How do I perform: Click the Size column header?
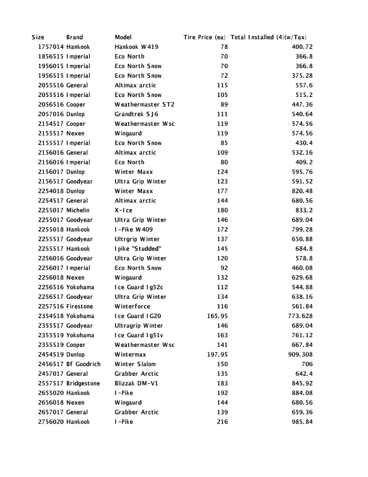pyautogui.click(x=38, y=37)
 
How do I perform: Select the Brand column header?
pyautogui.click(x=75, y=37)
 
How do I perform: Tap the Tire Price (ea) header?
pyautogui.click(x=204, y=37)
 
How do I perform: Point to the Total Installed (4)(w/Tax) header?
pyautogui.click(x=272, y=37)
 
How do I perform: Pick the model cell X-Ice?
pyautogui.click(x=123, y=210)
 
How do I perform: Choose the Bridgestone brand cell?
pyautogui.click(x=83, y=384)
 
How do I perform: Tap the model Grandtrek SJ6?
pyautogui.click(x=136, y=114)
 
